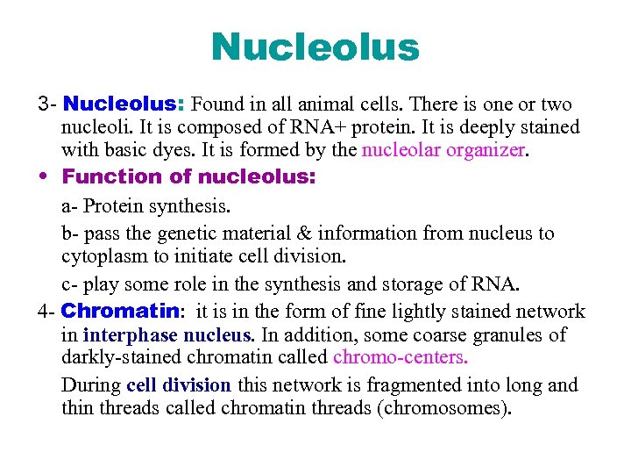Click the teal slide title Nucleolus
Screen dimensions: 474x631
[315, 47]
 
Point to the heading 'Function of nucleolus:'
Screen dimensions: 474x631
[189, 176]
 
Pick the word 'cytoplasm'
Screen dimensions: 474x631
[100, 256]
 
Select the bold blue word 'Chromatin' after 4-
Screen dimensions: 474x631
[121, 311]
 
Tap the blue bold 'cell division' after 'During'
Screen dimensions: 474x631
[179, 384]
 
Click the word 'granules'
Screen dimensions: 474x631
[503, 334]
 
